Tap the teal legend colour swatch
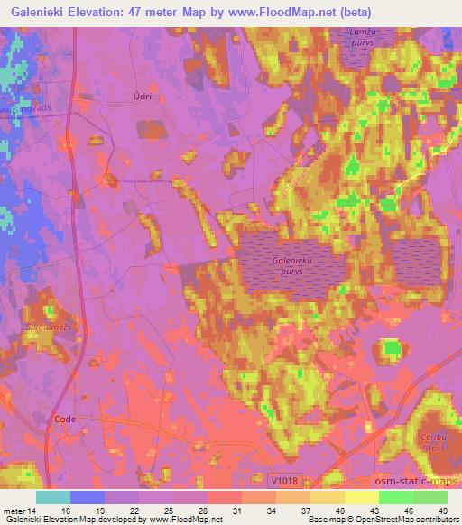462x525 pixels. pyautogui.click(x=53, y=497)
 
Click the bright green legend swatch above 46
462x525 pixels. pyautogui.click(x=396, y=497)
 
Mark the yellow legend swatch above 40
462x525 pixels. pyautogui.click(x=328, y=497)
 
